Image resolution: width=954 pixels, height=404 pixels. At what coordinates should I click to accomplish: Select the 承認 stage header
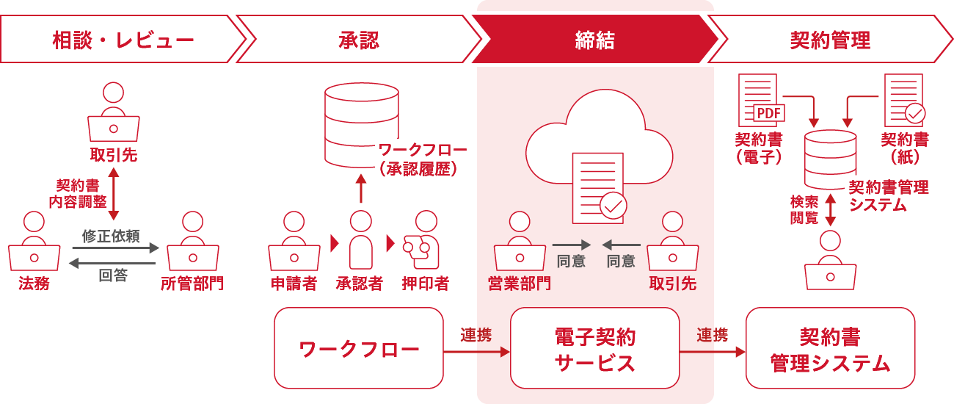point(359,40)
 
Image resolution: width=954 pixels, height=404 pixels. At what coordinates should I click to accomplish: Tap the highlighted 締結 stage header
point(594,40)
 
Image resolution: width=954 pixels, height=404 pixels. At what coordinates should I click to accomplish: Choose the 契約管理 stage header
point(830,40)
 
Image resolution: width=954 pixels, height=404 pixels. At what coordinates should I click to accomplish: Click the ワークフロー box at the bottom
point(359,348)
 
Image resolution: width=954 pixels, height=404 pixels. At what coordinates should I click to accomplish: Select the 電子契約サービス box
point(595,348)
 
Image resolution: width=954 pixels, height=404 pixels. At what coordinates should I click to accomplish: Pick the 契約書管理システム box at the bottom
point(830,348)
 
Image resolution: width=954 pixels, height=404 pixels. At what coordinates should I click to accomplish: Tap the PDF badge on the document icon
point(768,113)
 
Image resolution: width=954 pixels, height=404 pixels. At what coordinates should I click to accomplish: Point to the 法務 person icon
point(34,242)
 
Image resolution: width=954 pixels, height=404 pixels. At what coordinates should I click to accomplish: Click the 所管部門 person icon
point(192,242)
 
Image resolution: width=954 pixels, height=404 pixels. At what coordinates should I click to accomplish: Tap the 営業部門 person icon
point(520,242)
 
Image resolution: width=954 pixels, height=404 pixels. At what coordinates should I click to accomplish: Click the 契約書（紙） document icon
point(903,101)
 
